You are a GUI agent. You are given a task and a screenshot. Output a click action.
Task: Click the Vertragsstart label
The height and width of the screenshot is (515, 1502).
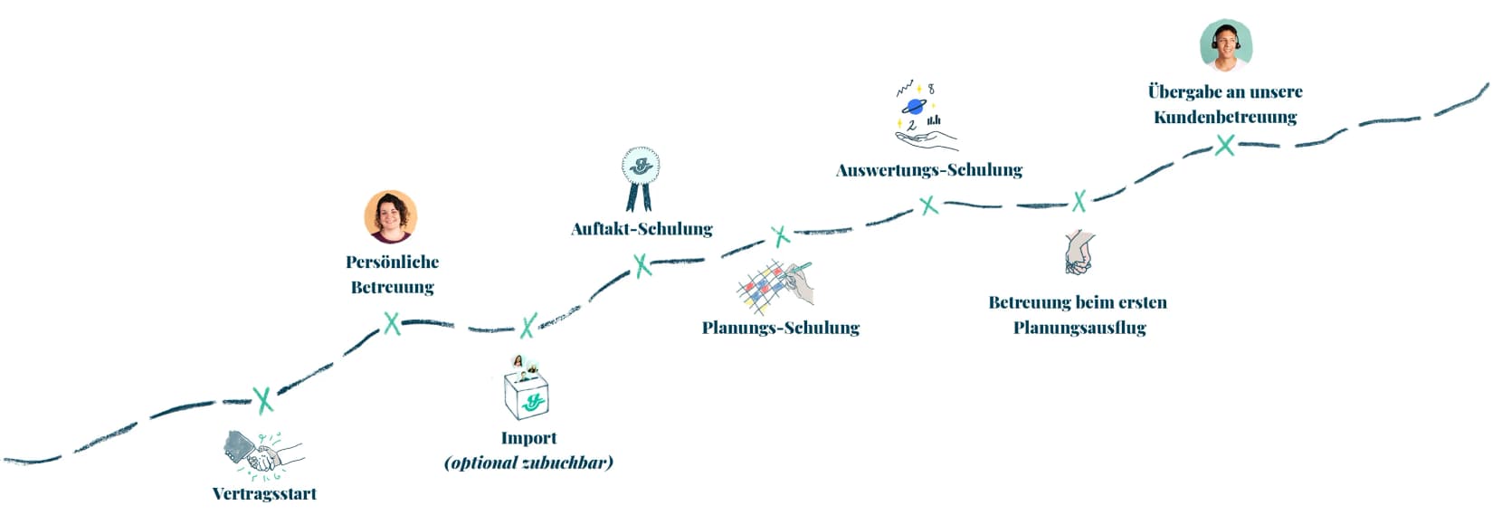[x=264, y=494]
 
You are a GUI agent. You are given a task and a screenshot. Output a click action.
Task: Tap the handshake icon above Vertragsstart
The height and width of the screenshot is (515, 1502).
[x=262, y=453]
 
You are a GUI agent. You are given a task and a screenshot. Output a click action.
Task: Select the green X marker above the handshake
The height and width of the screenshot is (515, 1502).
[x=263, y=399]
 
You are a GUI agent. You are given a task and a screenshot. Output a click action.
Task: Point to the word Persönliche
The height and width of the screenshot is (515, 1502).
[x=392, y=262]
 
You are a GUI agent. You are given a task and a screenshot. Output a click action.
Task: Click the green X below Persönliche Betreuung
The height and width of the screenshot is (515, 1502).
[x=392, y=323]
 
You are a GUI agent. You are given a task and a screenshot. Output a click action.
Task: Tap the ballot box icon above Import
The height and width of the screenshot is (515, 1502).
[x=527, y=389]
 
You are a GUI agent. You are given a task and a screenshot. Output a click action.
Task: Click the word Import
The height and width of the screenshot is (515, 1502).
[x=528, y=438]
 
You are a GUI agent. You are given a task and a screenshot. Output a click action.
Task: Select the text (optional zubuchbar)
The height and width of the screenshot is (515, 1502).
[x=528, y=463]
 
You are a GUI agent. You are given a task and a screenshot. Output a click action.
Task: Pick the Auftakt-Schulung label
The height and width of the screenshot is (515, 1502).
[x=642, y=229]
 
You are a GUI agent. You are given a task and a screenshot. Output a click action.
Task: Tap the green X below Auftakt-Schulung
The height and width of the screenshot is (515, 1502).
[x=642, y=265]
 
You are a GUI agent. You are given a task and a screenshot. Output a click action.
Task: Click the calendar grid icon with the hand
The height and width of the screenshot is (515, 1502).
[x=775, y=286]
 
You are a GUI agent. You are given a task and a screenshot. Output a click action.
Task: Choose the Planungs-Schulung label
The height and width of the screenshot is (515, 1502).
[x=780, y=328]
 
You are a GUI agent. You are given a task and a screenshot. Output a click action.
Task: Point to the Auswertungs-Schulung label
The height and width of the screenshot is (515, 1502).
[x=929, y=170]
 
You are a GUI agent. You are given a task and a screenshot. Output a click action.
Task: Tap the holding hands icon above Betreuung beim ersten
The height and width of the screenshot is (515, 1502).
[x=1079, y=253]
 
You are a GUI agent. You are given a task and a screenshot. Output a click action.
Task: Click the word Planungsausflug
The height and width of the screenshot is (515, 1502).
[x=1079, y=328]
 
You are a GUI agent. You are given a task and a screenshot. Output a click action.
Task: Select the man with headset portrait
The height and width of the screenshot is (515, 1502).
[x=1225, y=46]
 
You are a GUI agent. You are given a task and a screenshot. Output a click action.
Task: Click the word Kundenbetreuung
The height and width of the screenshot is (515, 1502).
[x=1225, y=117]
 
